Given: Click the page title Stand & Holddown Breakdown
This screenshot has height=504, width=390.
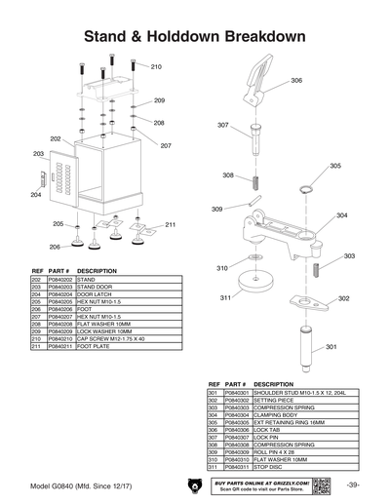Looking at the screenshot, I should click(195, 36).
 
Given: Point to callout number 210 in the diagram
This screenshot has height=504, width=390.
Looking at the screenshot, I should click(156, 67).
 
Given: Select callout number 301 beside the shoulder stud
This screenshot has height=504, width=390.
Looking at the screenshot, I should click(331, 347).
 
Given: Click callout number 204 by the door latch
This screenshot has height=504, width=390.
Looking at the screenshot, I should click(36, 195).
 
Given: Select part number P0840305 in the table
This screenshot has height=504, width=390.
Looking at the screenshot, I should click(236, 420).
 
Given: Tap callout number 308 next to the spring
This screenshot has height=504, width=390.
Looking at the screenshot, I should click(227, 175).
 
